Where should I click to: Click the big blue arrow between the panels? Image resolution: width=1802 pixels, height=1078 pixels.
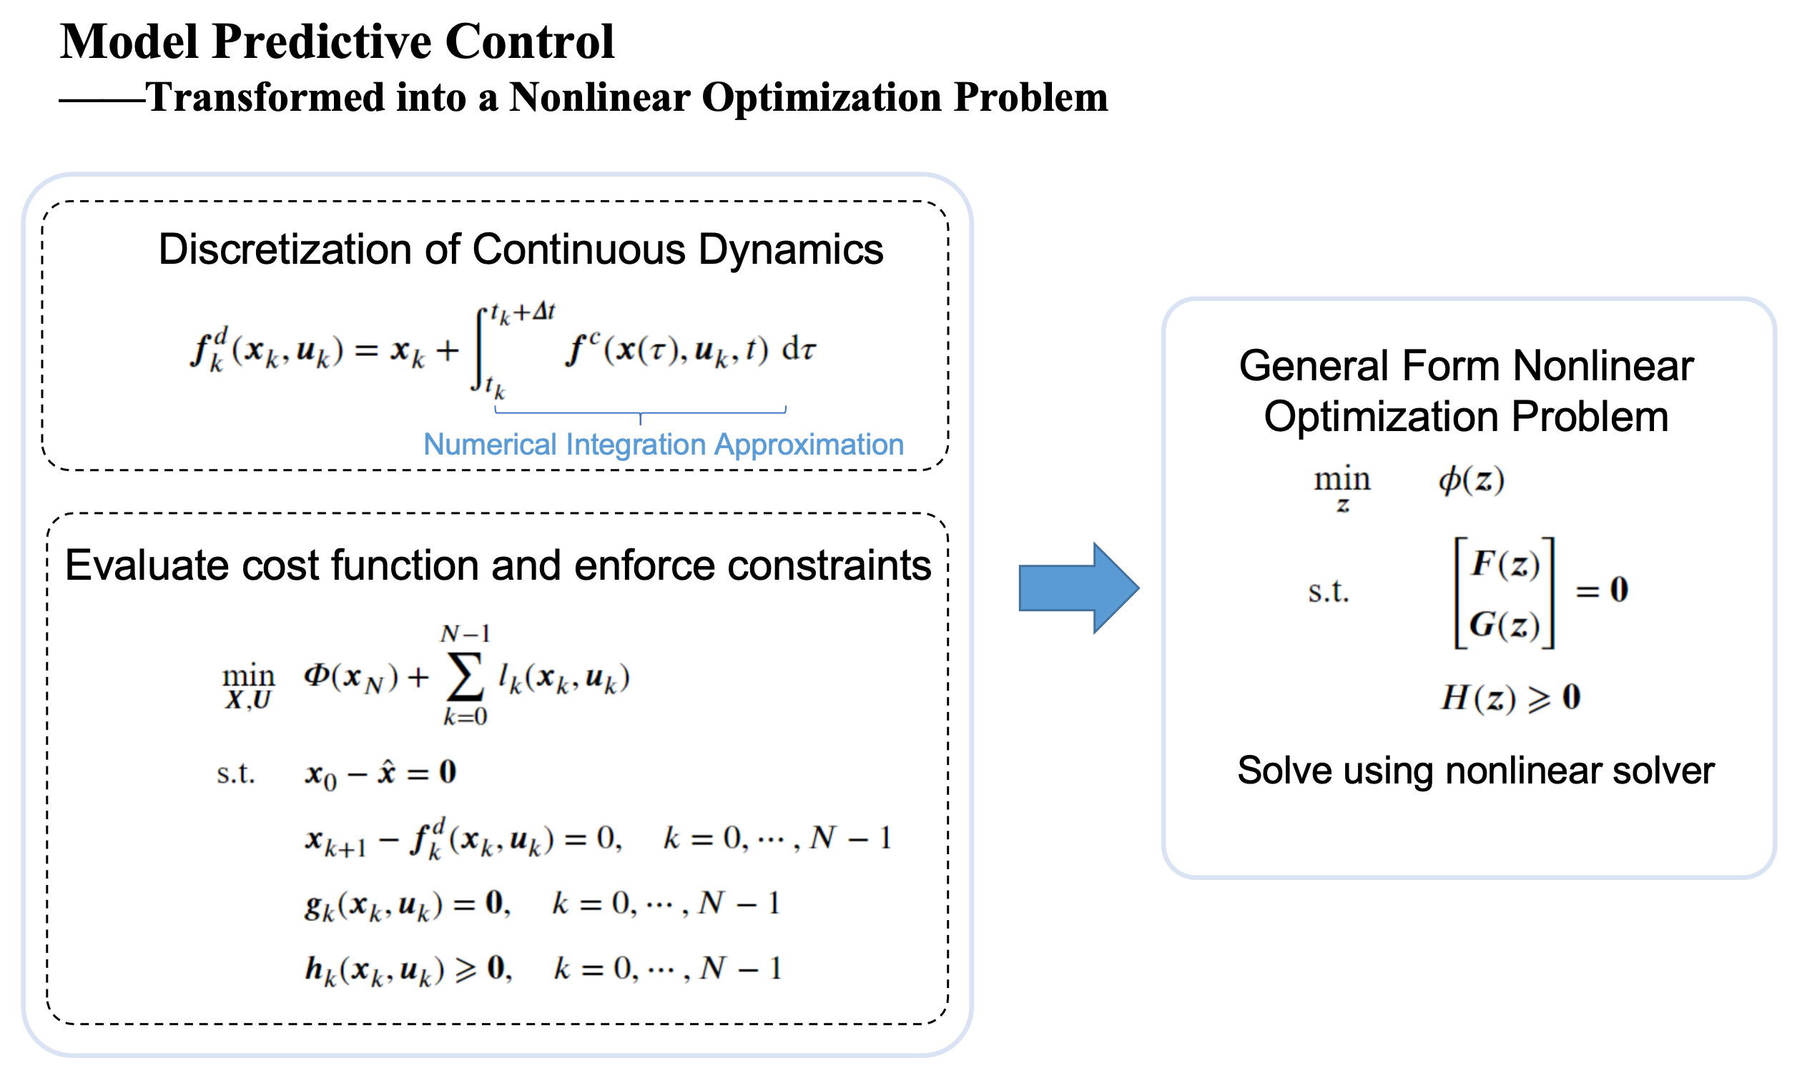click(1079, 588)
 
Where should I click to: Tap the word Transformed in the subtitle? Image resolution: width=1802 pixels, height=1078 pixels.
click(265, 97)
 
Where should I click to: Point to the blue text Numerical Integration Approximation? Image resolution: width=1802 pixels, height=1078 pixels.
click(664, 444)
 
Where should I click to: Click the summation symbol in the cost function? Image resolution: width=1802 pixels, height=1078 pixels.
click(465, 677)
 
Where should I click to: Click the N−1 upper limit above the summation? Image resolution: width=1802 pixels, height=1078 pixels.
click(465, 634)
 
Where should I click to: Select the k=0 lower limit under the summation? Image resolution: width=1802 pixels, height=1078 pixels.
click(465, 717)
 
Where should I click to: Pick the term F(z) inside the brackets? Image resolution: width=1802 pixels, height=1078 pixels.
click(1505, 565)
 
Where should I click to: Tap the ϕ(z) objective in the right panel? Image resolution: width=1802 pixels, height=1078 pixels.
click(1472, 480)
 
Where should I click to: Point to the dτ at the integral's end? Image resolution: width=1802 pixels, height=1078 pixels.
click(799, 350)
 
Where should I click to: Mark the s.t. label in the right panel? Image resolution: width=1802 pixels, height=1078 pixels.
click(1328, 591)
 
